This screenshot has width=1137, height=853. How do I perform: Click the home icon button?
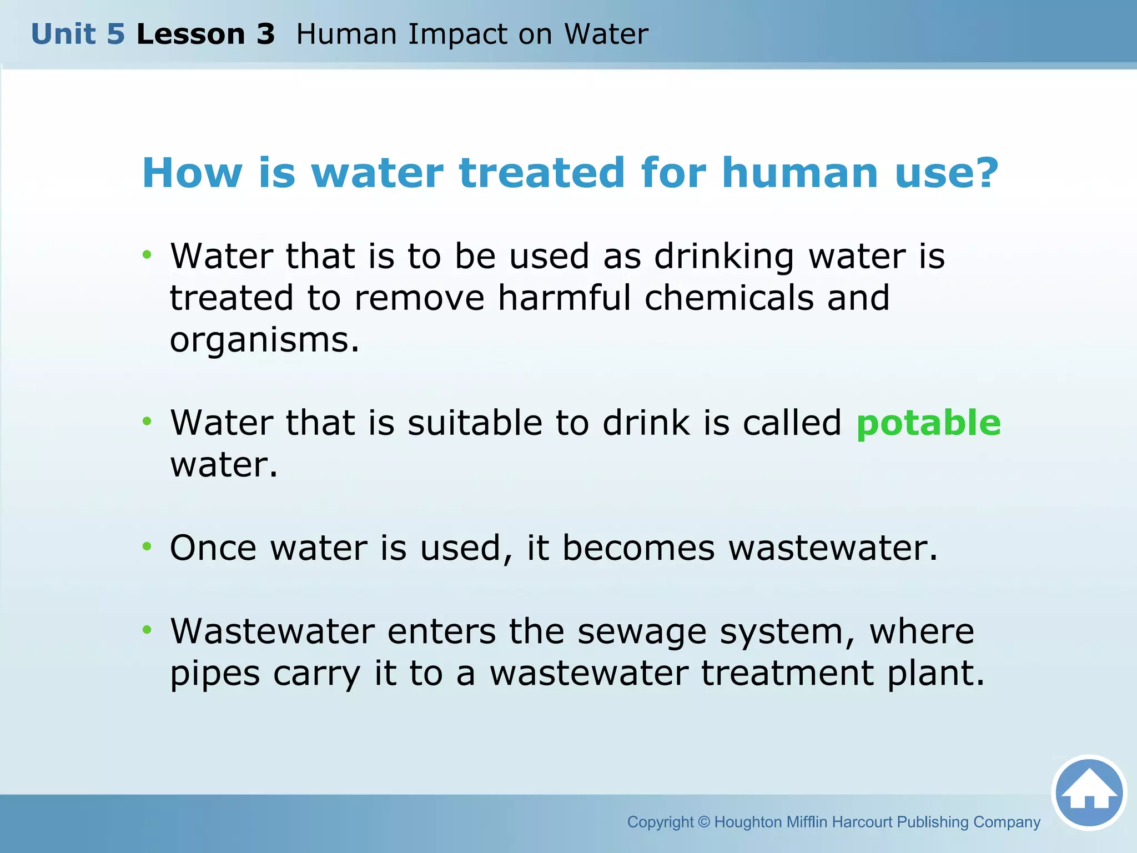[x=1089, y=792]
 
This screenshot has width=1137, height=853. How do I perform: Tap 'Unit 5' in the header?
[x=78, y=34]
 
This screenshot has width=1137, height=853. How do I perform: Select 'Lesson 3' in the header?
[x=205, y=34]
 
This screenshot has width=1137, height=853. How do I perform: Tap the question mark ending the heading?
[x=986, y=173]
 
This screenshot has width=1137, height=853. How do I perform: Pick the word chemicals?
[x=728, y=298]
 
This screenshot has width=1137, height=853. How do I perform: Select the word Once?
[x=213, y=548]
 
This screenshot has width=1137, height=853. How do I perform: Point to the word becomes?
[x=638, y=548]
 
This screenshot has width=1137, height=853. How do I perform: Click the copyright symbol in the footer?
[x=704, y=822]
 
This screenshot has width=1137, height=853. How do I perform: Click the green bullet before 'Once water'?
[x=147, y=546]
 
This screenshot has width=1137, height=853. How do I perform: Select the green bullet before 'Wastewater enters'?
[x=147, y=630]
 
